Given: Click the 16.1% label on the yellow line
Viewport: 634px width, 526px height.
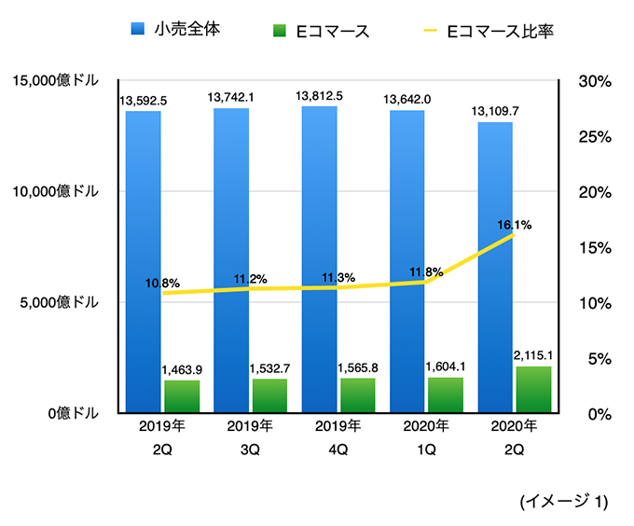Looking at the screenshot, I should click(514, 225).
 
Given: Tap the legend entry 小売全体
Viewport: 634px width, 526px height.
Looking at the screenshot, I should click(182, 30).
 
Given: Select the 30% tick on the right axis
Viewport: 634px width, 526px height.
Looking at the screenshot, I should click(594, 81).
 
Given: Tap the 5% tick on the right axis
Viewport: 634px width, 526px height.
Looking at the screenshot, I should click(594, 358).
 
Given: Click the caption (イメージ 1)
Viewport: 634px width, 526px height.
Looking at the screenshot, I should click(563, 502).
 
